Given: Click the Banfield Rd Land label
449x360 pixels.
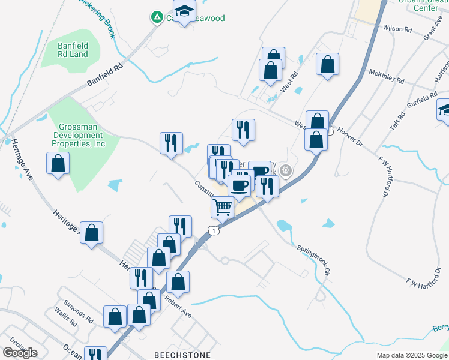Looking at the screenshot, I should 73,50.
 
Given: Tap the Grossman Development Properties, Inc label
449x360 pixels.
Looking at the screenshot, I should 82,135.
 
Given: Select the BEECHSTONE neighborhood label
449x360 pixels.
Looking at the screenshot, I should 182,355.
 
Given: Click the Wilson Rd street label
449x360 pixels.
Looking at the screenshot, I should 397,29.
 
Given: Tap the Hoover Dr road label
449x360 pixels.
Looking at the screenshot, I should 350,134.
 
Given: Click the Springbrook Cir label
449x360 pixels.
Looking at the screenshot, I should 313,259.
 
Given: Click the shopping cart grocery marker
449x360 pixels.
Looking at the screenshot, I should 223,208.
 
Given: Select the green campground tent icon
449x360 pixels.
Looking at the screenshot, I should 157,18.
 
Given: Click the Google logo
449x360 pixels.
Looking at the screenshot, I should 20,353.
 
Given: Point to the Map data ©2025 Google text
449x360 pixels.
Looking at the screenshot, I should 411,355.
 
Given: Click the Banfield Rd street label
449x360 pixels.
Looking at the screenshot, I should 104,75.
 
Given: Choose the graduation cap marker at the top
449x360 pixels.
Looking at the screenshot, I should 185,10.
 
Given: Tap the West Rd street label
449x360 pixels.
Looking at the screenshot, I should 292,79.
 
